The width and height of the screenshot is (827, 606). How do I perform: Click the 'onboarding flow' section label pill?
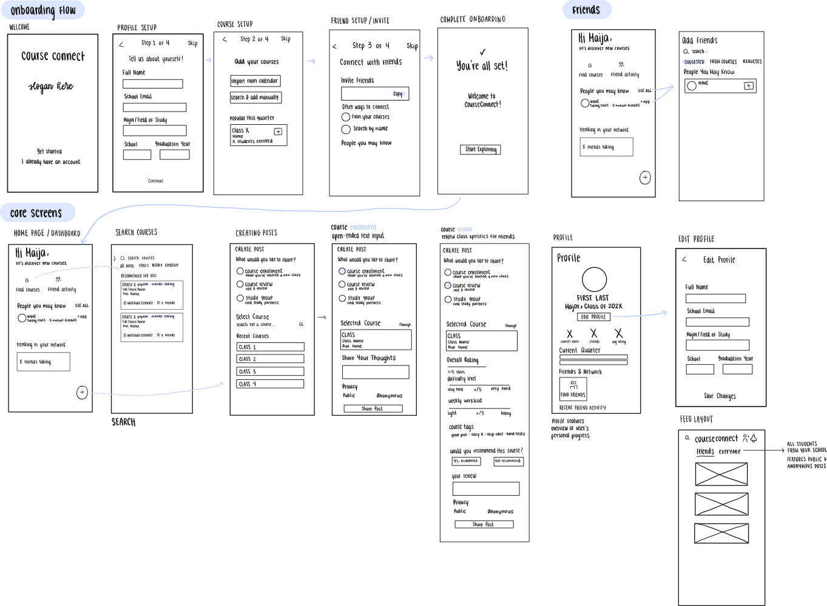(x=43, y=10)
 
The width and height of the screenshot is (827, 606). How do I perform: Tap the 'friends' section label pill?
(x=586, y=10)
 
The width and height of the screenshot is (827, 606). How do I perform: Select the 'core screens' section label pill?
(x=36, y=213)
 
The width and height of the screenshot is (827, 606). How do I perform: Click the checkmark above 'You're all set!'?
(x=482, y=52)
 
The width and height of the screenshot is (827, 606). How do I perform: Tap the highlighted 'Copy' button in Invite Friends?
(x=399, y=94)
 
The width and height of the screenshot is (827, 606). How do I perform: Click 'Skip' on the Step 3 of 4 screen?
(x=412, y=46)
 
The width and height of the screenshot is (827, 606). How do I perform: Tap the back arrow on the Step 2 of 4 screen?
(x=224, y=40)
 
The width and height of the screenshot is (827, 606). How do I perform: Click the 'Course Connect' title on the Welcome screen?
(x=53, y=56)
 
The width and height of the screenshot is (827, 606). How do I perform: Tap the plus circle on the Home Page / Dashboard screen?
(x=83, y=393)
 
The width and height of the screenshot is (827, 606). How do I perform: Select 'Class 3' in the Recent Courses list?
(x=270, y=371)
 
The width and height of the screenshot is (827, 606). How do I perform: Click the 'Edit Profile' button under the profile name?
(x=593, y=317)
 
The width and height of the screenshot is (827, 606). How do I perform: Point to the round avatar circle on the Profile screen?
(x=595, y=280)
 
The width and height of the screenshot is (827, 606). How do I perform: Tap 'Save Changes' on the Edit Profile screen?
(x=720, y=396)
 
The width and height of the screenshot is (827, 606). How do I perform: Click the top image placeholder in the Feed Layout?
(x=721, y=474)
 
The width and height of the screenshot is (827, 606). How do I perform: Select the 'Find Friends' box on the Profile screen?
(x=573, y=388)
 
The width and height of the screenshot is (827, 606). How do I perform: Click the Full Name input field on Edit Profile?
(x=716, y=298)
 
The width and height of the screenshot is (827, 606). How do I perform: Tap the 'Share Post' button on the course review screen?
(x=484, y=524)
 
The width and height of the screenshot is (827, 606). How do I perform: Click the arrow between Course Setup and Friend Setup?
(x=311, y=61)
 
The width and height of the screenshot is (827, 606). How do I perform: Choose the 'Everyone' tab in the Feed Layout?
(x=730, y=451)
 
